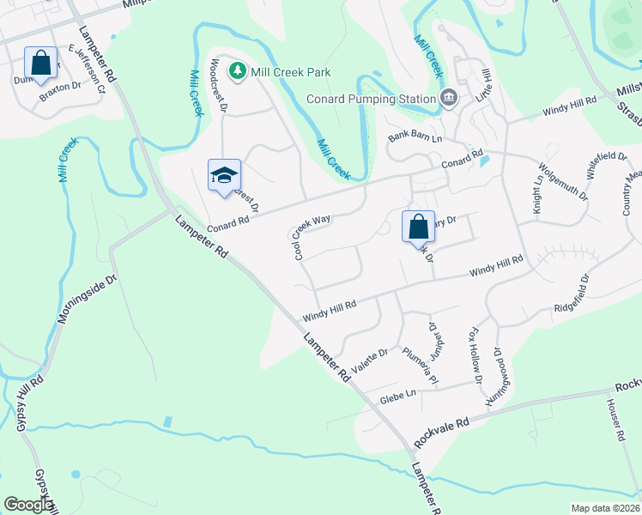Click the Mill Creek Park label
[291, 72]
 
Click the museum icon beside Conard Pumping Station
[448, 98]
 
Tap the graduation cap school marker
[223, 175]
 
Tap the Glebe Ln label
[398, 395]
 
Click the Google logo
[28, 505]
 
